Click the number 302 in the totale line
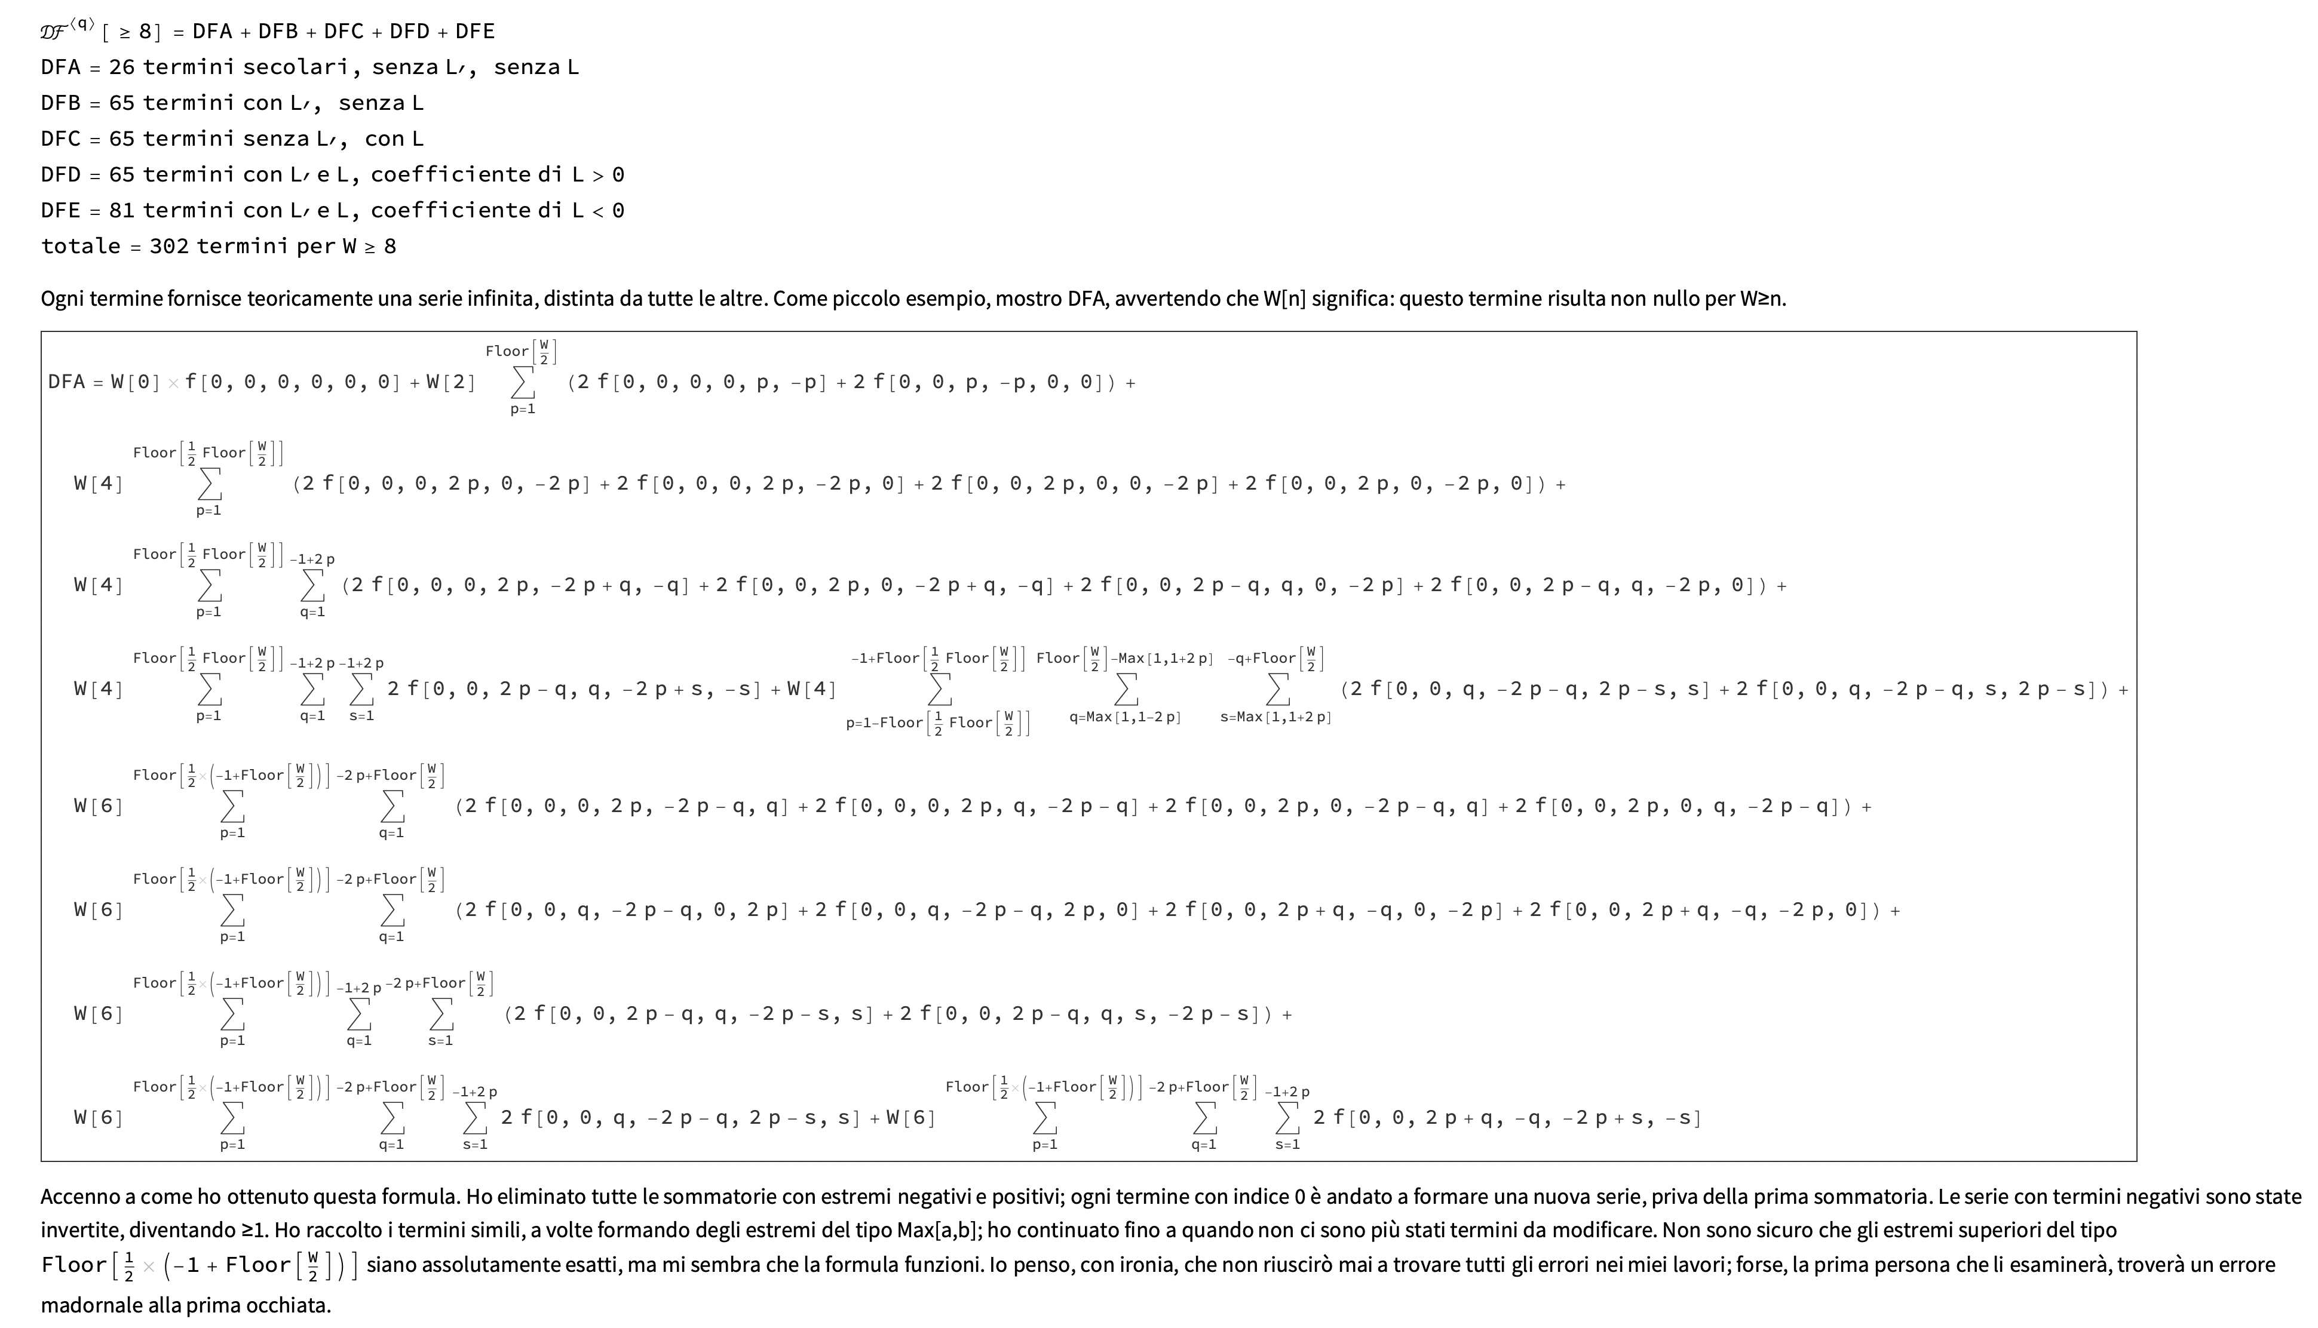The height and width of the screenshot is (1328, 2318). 168,246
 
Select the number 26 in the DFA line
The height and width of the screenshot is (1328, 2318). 121,67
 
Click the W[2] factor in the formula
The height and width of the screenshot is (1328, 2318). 450,382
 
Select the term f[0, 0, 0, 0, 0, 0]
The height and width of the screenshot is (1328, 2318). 292,382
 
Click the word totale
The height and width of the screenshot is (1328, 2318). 80,246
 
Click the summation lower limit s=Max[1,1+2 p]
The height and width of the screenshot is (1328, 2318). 1275,717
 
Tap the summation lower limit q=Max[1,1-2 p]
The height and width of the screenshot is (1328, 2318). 1125,717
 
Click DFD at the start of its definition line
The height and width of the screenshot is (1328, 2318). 60,174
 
